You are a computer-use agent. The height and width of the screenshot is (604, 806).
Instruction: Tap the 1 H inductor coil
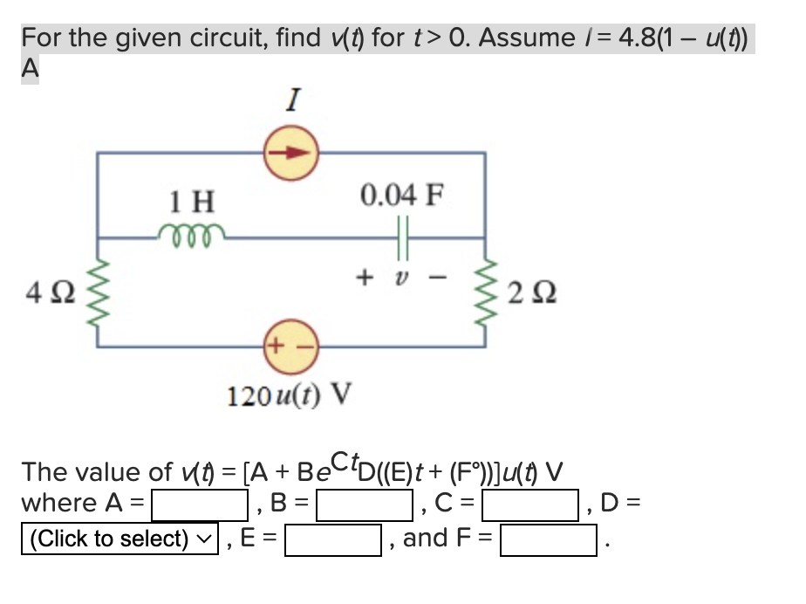(192, 235)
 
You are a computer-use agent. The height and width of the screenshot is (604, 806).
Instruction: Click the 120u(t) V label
(289, 395)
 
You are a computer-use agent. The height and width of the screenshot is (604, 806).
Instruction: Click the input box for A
(201, 504)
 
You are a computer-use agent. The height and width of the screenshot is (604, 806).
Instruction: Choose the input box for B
(365, 504)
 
